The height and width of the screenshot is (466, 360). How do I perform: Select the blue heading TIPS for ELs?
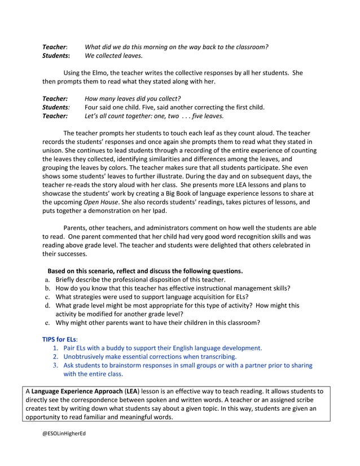point(60,340)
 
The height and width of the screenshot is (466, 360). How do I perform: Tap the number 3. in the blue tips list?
point(56,366)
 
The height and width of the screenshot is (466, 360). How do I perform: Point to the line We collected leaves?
point(113,56)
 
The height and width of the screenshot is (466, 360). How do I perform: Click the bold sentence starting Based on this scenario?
point(145,271)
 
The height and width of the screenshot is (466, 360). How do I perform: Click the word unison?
point(54,151)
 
